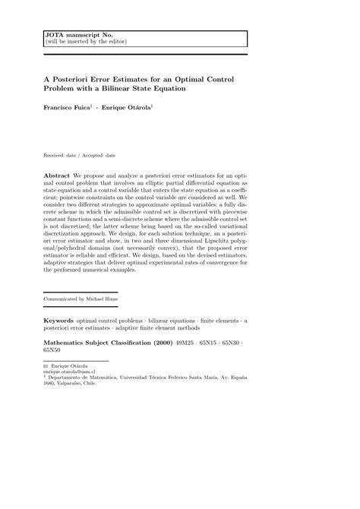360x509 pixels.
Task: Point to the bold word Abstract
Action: coord(57,175)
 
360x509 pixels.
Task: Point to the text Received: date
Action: coord(62,155)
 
